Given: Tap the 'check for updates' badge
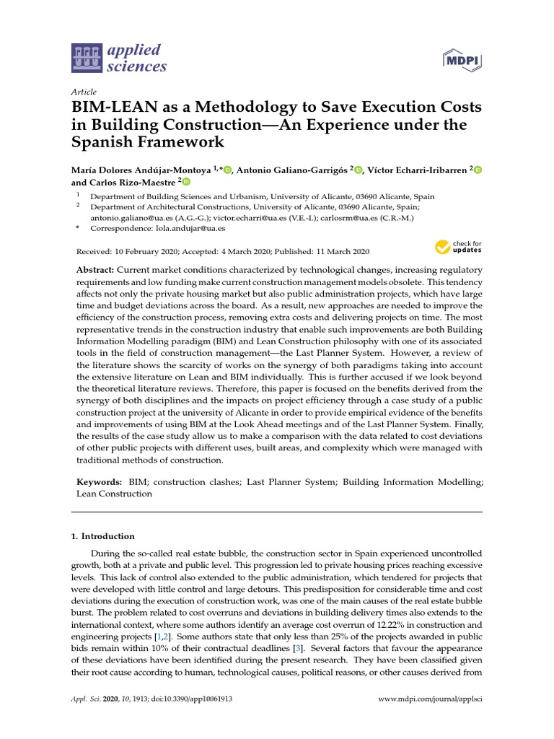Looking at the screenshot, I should click(457, 248).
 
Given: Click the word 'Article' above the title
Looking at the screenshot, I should click(84, 92).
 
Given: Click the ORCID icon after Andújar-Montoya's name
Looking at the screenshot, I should click(228, 170).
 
